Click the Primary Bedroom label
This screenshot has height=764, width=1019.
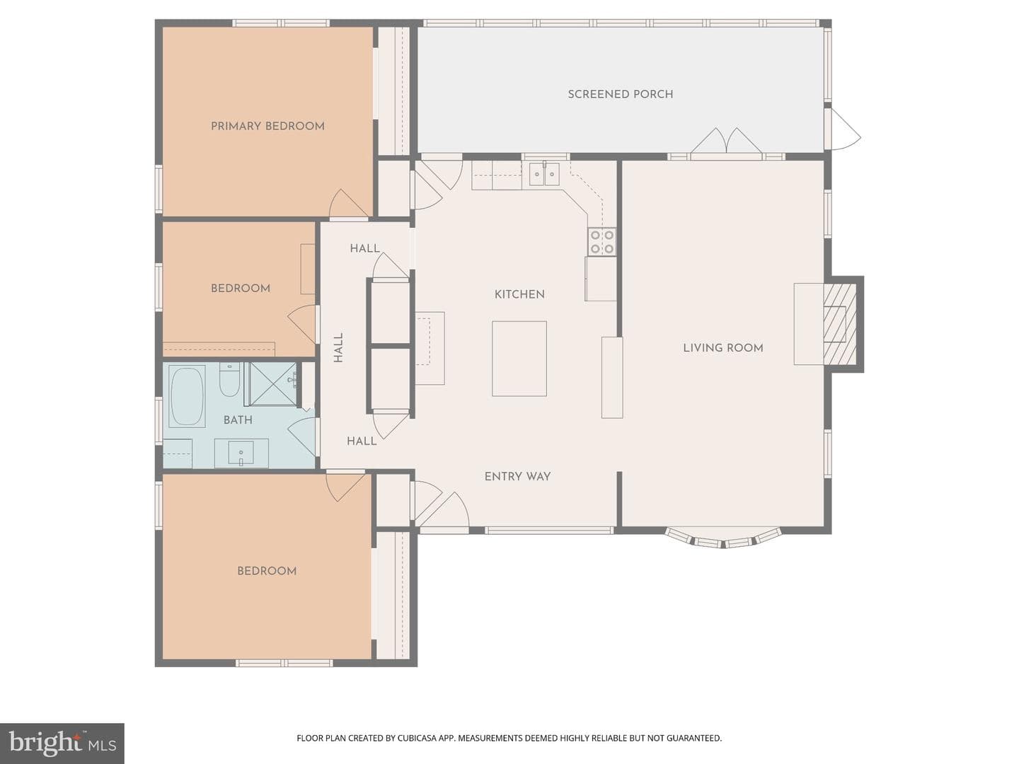267,126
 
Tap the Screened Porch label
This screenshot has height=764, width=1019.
620,94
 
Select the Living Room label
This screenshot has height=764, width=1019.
722,348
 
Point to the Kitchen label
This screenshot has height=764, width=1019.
519,294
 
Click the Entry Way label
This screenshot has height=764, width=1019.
517,476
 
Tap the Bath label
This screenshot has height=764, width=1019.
238,419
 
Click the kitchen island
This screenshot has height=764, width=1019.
519,359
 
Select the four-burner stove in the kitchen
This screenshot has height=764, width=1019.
602,242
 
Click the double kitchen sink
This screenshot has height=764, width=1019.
544,173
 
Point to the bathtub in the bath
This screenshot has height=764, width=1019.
187,395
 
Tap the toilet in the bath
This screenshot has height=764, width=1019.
229,380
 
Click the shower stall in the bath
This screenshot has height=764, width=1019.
272,384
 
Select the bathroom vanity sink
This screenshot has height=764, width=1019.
241,453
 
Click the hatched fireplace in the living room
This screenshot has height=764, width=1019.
840,324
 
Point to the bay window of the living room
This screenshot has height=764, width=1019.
722,538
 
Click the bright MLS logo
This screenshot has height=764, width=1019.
62,743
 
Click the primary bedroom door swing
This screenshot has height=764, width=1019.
348,203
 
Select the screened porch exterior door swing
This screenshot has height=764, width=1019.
845,129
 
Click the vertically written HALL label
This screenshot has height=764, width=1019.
338,347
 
